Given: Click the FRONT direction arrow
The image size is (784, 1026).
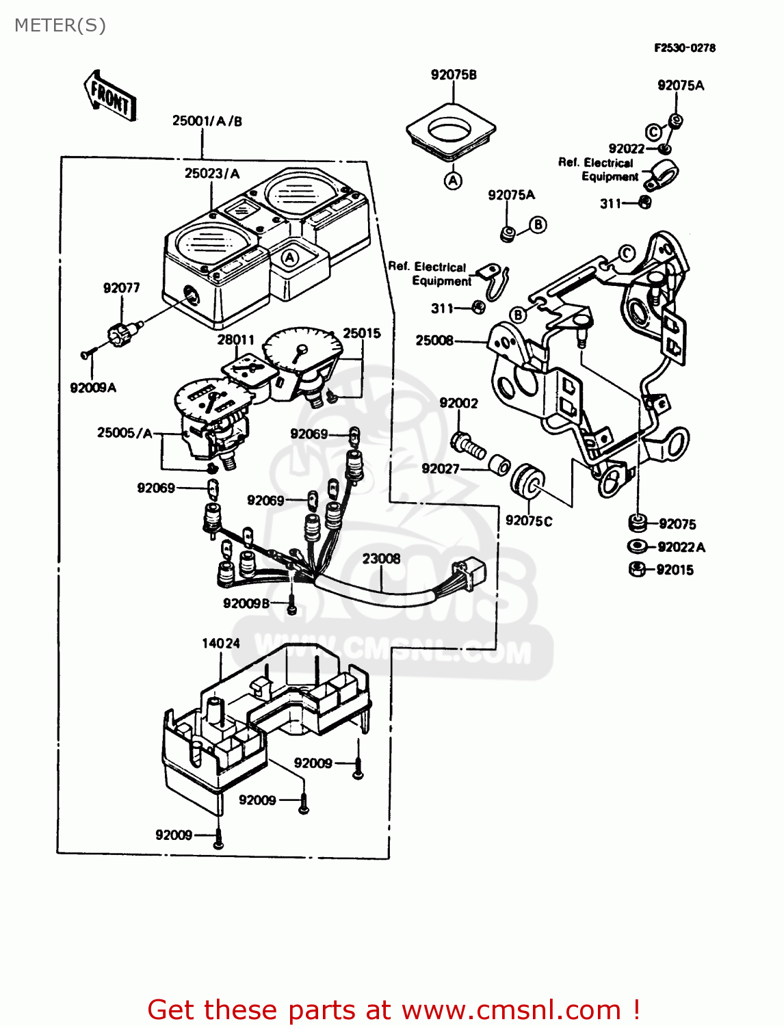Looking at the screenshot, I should coord(110,96).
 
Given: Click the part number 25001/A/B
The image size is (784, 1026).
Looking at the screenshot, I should coord(207,121).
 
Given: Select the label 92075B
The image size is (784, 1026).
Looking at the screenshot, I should coord(453,75).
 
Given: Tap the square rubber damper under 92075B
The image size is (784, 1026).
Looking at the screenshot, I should coord(451,131).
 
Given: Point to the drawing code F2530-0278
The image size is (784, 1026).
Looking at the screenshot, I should coord(684,48).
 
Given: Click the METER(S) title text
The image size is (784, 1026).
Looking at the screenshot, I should coord(60,25).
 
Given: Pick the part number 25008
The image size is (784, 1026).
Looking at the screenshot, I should coord(434,340).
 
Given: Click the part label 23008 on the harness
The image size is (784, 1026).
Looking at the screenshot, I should coord(381,559).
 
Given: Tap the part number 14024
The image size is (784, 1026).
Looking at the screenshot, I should coord(220,643).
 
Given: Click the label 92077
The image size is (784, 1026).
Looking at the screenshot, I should coord(121,288).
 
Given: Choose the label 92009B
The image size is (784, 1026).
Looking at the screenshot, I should coord(246,603).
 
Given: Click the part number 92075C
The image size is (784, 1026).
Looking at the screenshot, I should coord(528,521).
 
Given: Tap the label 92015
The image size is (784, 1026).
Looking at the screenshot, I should coord(675,570).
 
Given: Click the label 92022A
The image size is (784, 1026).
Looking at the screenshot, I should coord(681,547).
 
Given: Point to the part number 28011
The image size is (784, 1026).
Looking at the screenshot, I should coord(235,340).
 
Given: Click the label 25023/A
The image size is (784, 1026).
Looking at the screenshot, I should coord(212,174).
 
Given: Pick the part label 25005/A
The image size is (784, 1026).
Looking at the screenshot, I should coord(125,432).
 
